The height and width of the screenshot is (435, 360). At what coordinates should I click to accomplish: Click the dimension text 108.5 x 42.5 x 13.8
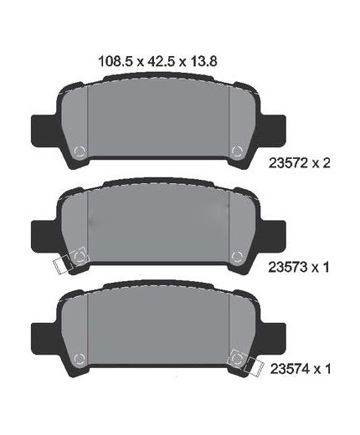157,61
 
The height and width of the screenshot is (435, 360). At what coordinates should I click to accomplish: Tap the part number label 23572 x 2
299,163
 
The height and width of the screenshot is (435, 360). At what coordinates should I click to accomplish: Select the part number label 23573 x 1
299,267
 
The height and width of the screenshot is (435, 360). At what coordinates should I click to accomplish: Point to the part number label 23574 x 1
301,369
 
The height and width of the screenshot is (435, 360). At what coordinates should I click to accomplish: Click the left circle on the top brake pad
80,151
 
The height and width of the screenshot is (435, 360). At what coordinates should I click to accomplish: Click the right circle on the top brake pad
237,151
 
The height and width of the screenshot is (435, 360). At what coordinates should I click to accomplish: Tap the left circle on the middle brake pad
79,256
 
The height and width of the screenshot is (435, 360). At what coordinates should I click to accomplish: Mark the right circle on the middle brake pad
237,256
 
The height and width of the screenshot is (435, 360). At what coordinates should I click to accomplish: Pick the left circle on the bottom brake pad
79,359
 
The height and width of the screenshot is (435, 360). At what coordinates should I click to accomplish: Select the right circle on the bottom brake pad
237,359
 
